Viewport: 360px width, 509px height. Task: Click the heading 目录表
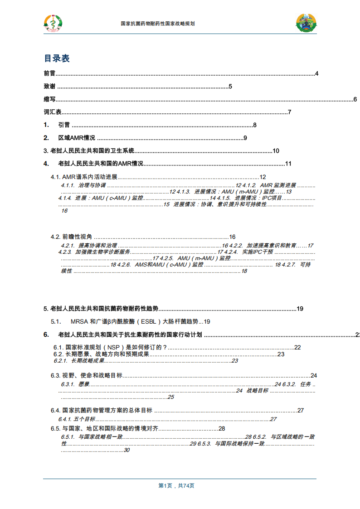[x=57, y=58]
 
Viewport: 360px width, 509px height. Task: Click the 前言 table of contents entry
[x=49, y=73]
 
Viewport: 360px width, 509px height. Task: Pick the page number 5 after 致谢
[x=230, y=87]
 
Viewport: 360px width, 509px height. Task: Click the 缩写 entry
[x=49, y=100]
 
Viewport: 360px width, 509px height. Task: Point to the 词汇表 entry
[x=53, y=112]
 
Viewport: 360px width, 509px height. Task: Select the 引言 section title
[x=64, y=126]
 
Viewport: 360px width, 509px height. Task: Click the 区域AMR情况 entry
[x=77, y=138]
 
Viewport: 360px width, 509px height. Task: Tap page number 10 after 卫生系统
[x=276, y=151]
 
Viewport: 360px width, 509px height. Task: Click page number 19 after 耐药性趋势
[x=300, y=309]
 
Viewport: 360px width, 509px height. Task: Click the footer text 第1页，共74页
[x=176, y=485]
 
